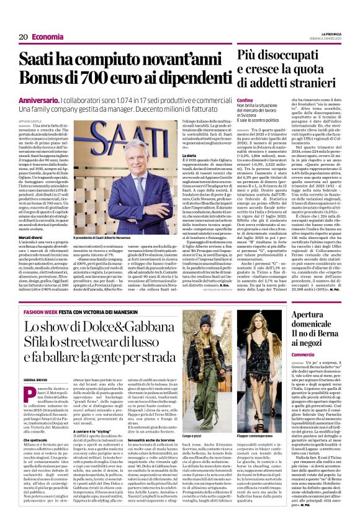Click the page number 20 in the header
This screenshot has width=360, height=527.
23,37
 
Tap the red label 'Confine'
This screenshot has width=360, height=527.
245,101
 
